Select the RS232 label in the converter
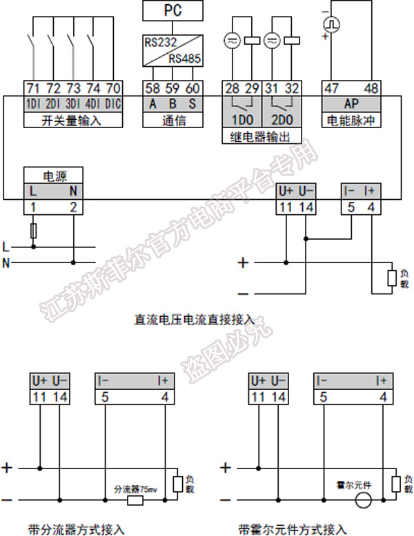[x=158, y=42]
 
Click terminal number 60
[x=193, y=88]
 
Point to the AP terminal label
[x=351, y=104]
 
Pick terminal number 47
[x=333, y=88]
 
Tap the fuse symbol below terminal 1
[x=33, y=231]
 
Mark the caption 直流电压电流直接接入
[x=195, y=320]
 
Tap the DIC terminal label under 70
[x=113, y=104]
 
